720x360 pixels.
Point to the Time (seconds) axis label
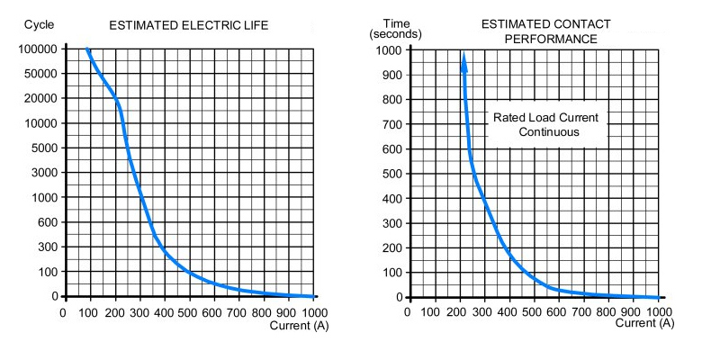pos(390,28)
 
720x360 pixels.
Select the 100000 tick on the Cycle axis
pos(38,49)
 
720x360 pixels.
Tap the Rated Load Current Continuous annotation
pos(545,124)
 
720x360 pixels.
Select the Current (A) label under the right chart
pos(643,325)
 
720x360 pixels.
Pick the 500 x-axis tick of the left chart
pos(188,312)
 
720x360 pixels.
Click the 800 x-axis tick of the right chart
pos(608,312)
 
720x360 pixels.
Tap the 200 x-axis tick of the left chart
pos(113,312)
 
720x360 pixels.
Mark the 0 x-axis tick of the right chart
pos(409,312)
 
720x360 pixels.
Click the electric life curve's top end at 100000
pos(87,49)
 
